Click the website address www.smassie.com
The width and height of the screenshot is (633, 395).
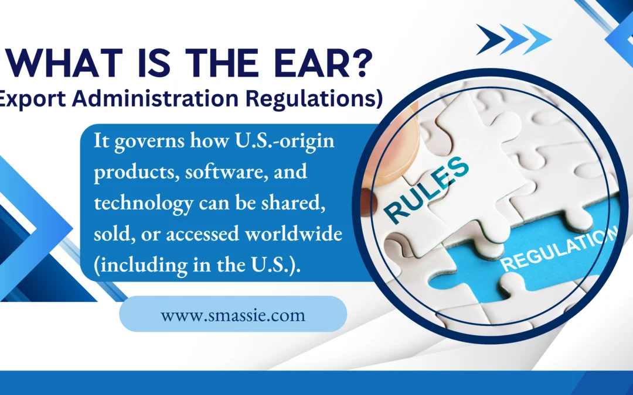coord(233,315)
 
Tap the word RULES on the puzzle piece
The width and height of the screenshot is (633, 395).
coord(427,190)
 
